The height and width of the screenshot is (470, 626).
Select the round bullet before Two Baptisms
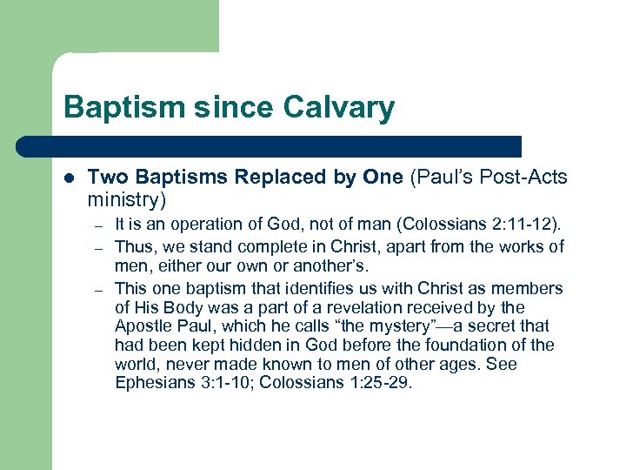coord(70,178)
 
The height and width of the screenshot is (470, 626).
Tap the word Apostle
coord(143,326)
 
